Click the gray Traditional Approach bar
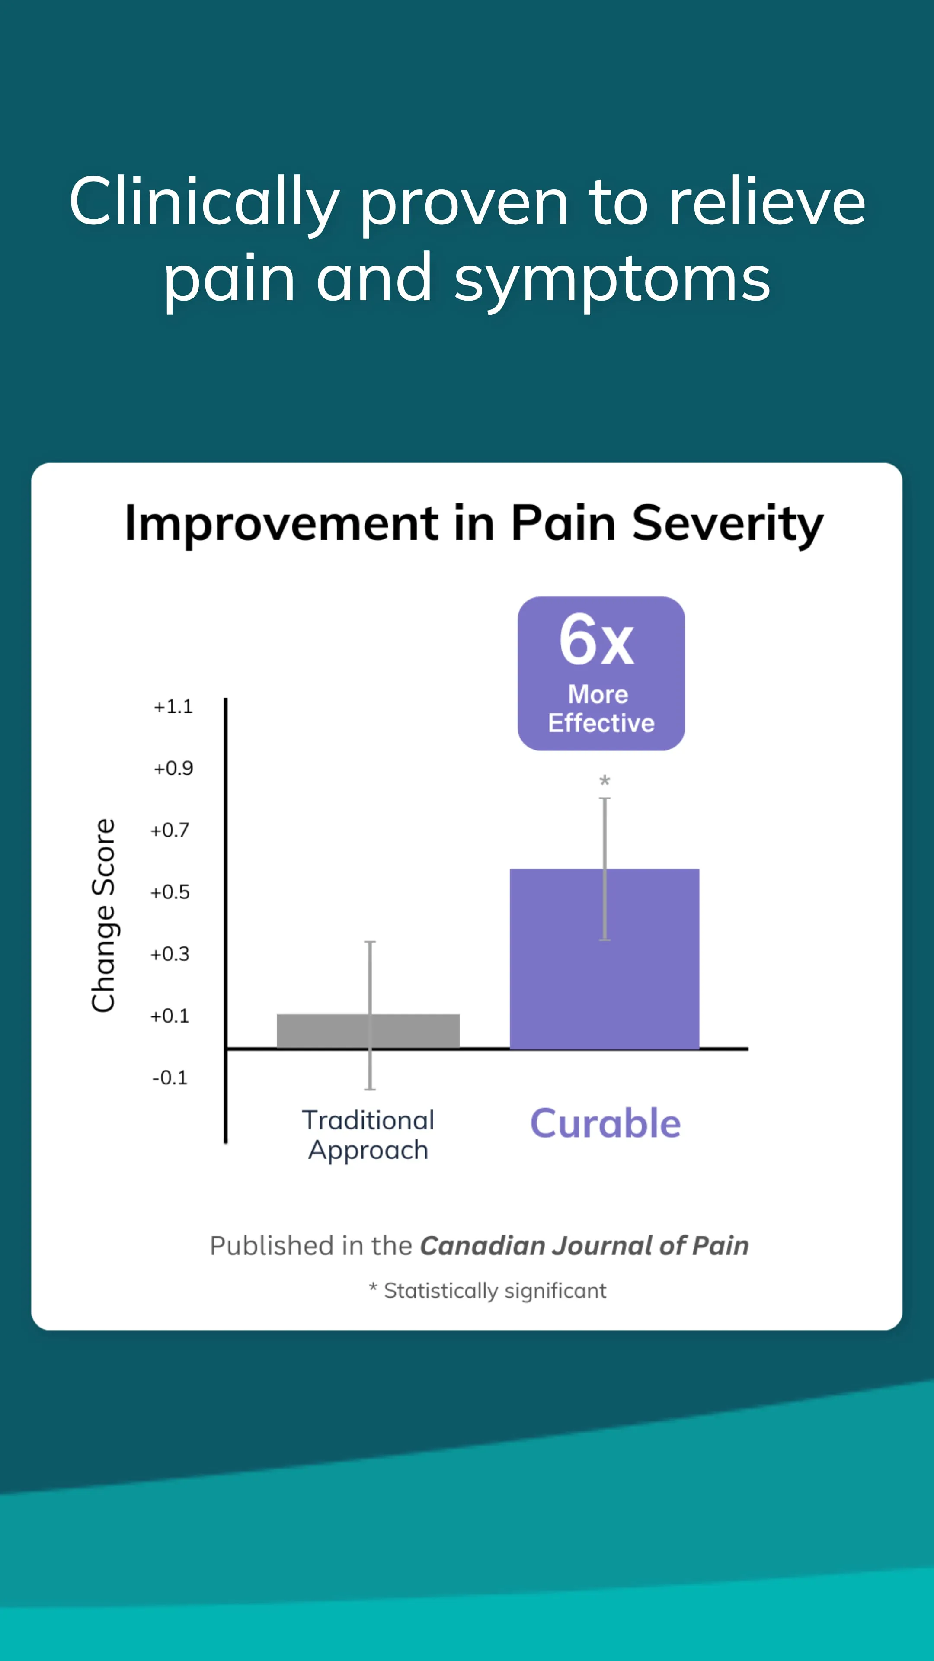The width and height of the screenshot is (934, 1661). point(322,1030)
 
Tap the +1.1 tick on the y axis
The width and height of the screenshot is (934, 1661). point(173,707)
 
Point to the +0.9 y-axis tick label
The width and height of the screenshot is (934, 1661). point(173,769)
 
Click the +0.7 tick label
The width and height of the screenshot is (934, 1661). point(170,830)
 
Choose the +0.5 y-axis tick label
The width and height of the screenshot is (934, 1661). point(170,892)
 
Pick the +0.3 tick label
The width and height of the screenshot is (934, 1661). point(170,954)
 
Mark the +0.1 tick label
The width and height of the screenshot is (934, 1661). point(170,1016)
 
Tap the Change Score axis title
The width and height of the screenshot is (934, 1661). point(103,916)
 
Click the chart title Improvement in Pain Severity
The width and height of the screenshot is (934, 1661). point(474,523)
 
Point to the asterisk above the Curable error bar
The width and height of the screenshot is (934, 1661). point(605,781)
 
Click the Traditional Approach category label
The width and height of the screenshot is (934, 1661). point(368,1135)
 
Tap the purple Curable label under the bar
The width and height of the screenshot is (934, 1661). point(605,1124)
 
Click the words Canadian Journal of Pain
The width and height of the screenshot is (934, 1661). point(584,1246)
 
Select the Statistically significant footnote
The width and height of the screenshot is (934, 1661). point(494,1291)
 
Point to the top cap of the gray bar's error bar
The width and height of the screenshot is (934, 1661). point(370,943)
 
